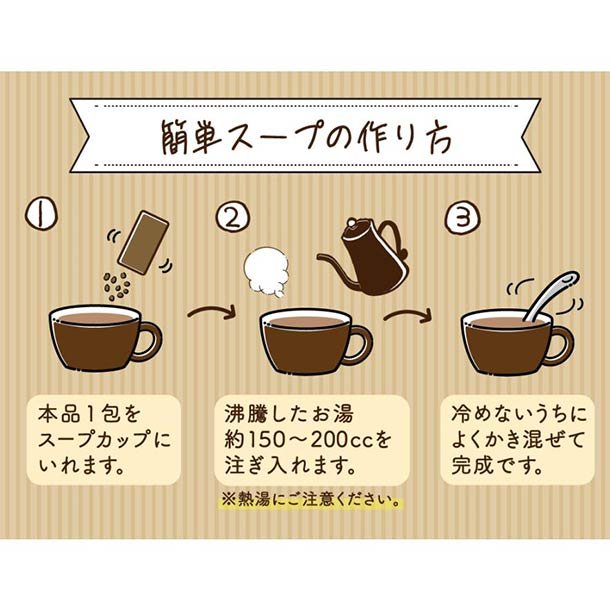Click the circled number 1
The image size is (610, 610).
42,214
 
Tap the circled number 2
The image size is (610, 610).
233,218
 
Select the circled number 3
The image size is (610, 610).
462,217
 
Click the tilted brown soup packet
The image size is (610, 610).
143,243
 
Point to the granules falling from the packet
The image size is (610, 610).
116,286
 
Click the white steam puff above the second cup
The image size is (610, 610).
267,271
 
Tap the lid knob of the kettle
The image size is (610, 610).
351,223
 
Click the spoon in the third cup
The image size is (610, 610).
551,297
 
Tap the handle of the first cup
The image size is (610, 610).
150,342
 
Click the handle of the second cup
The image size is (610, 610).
360,344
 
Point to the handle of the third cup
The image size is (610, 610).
562,345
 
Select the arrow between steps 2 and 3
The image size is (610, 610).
408,314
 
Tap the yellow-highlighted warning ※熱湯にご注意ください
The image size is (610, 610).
310,500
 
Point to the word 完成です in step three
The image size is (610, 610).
497,465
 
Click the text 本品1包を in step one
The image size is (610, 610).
89,414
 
